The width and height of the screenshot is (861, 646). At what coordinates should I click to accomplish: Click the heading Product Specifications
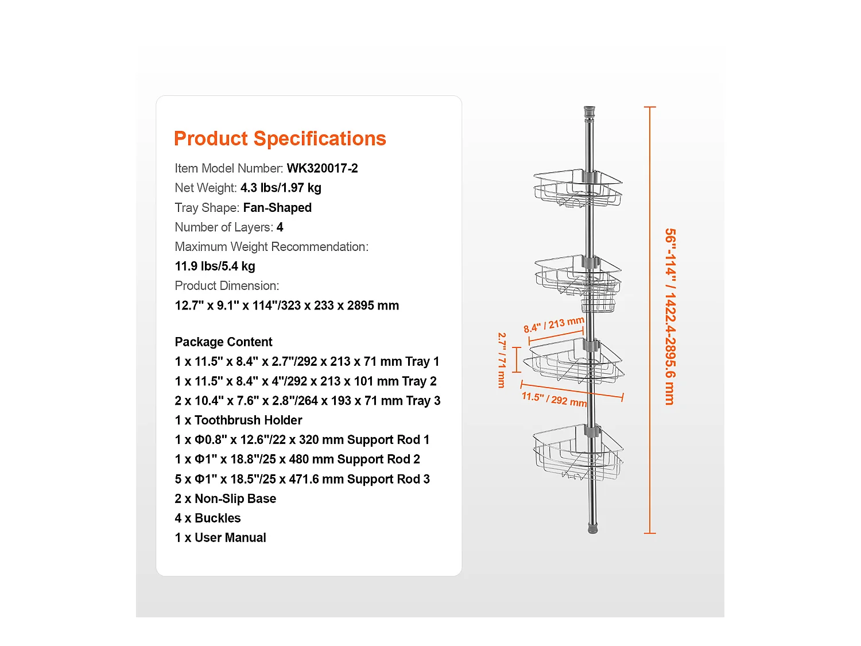point(280,138)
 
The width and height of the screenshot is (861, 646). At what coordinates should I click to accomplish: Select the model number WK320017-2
point(322,168)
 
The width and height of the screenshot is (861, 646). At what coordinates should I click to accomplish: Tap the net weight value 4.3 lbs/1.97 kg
point(281,188)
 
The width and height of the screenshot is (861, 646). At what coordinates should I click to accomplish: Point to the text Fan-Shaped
point(277,207)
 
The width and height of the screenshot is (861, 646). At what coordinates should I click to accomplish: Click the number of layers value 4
point(280,227)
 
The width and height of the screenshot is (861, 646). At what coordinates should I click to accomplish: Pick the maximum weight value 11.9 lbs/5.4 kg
point(215,266)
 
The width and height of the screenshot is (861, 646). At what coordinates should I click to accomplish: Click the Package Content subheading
point(223,342)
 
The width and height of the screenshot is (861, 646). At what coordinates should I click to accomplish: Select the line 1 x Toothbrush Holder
point(238,420)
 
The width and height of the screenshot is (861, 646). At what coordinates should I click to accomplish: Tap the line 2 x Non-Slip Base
point(226,498)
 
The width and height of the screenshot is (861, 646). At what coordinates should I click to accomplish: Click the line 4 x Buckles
point(208,518)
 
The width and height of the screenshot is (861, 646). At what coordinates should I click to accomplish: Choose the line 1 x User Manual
point(220,537)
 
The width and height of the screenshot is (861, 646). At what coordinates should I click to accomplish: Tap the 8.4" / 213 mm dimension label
point(554,325)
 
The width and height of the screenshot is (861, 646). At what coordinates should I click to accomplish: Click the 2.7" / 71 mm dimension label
point(502,360)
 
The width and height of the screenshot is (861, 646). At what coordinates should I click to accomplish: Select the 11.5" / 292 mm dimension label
point(554,400)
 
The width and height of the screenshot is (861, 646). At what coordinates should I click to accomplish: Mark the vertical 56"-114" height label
point(670,316)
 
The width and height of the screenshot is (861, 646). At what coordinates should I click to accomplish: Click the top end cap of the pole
point(589,113)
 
